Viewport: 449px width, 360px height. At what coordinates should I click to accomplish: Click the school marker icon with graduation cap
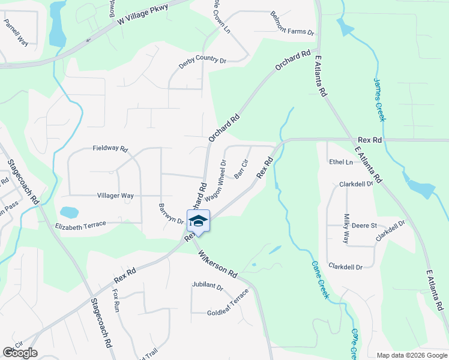click(197, 221)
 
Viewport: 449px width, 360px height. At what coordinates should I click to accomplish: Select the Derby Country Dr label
click(202, 61)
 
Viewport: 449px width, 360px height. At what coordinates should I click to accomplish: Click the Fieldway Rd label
click(110, 148)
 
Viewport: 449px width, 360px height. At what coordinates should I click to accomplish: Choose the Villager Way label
click(115, 196)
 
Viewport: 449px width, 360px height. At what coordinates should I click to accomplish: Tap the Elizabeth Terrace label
click(80, 224)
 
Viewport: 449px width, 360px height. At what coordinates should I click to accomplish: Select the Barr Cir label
click(241, 169)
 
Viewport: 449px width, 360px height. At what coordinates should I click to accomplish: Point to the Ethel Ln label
click(340, 162)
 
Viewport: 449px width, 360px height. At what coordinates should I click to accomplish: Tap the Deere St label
click(364, 226)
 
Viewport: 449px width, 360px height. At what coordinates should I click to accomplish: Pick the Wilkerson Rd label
click(217, 265)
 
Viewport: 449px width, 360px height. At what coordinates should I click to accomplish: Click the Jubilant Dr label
click(207, 287)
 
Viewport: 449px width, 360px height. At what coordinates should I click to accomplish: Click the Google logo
click(20, 353)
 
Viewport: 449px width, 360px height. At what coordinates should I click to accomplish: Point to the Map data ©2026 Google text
click(411, 355)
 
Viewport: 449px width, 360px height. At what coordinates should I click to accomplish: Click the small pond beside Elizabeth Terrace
click(69, 212)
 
